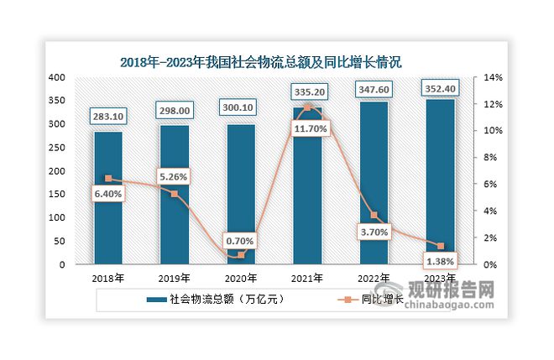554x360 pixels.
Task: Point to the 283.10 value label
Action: [108, 117]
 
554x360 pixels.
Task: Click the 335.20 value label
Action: [307, 91]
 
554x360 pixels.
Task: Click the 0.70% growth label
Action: [241, 241]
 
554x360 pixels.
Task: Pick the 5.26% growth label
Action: [175, 176]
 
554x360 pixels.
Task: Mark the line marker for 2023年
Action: [440, 246]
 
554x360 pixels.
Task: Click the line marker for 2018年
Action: [108, 179]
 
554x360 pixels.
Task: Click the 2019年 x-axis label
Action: [175, 278]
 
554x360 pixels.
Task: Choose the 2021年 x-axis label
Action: [307, 278]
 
